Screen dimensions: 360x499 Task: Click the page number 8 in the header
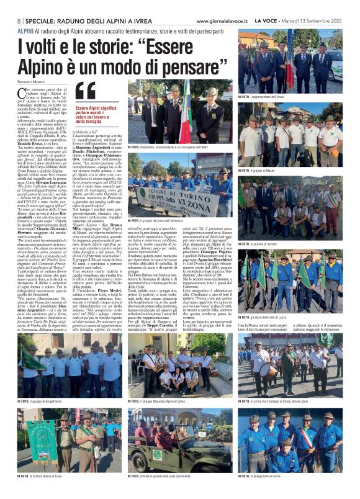coord(19,20)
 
